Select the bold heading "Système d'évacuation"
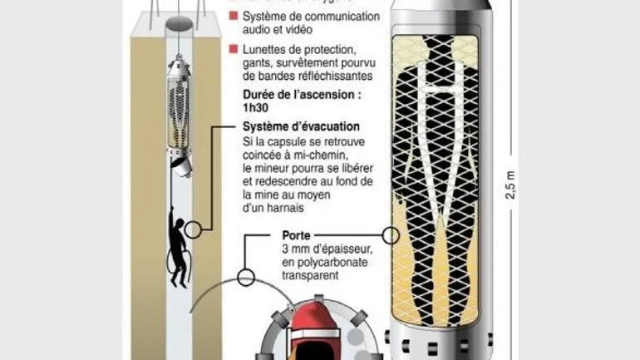click(x=301, y=126)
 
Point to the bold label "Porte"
click(x=296, y=235)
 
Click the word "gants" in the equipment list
click(x=258, y=64)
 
